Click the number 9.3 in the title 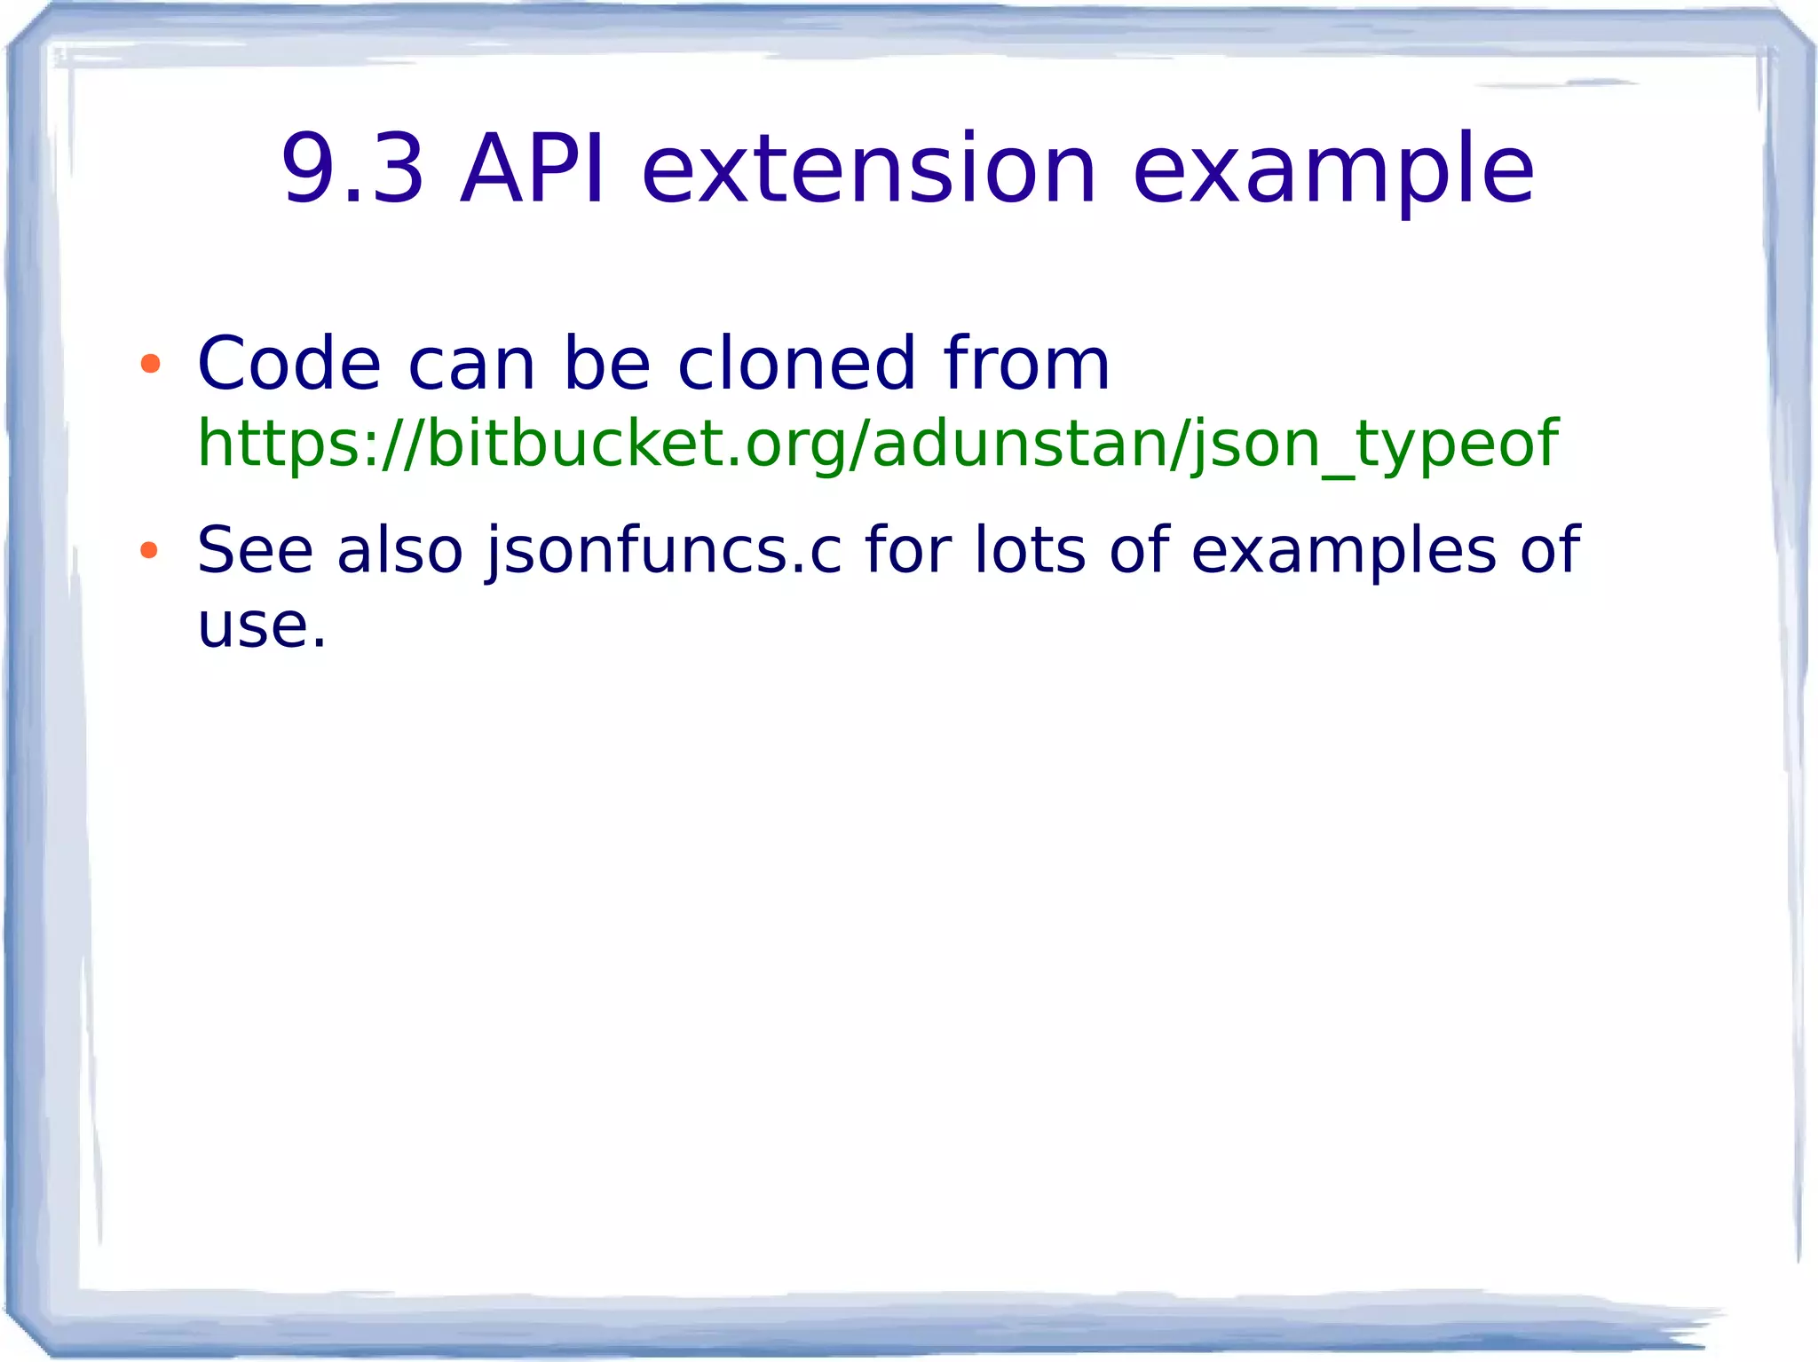click(352, 169)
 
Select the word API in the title click(533, 169)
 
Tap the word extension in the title click(869, 169)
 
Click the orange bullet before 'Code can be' click(150, 363)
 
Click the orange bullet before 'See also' click(149, 550)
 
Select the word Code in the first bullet click(289, 363)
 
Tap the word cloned click(796, 363)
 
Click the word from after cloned click(1026, 363)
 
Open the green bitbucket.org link click(877, 444)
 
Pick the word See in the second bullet click(255, 550)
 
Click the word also click(399, 550)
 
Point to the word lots click(1030, 550)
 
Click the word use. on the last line click(262, 626)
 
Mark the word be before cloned click(607, 363)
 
